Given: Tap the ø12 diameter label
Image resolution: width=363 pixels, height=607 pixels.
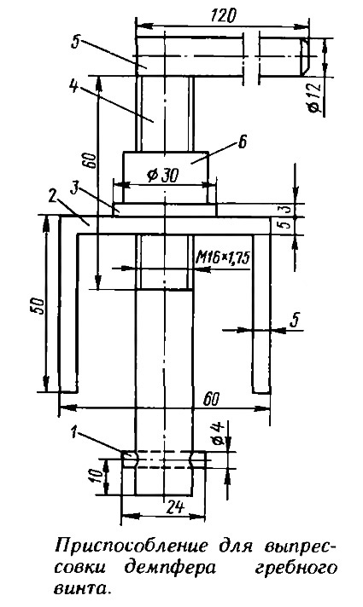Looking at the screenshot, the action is click(316, 97).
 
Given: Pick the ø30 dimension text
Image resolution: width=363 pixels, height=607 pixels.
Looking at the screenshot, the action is click(164, 176).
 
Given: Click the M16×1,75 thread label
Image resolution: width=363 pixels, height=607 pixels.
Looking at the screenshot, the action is click(224, 257).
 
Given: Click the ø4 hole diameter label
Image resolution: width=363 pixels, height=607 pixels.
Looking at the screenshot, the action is click(218, 433).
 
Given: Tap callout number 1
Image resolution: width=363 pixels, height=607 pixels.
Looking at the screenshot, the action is click(74, 431).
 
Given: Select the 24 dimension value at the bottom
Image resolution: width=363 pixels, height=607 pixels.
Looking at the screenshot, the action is click(174, 507).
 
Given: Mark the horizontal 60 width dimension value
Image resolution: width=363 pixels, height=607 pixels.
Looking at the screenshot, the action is click(212, 399).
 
